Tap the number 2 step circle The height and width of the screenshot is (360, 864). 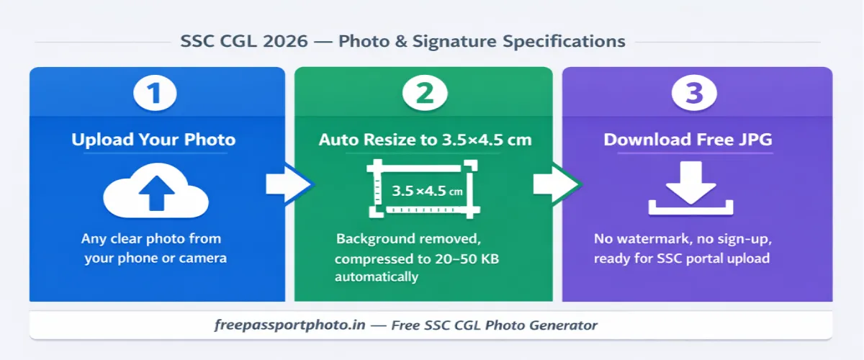(x=425, y=96)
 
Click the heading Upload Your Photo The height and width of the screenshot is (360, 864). (x=153, y=139)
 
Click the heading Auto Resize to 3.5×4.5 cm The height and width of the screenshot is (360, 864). (x=425, y=139)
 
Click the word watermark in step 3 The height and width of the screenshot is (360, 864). (x=652, y=239)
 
